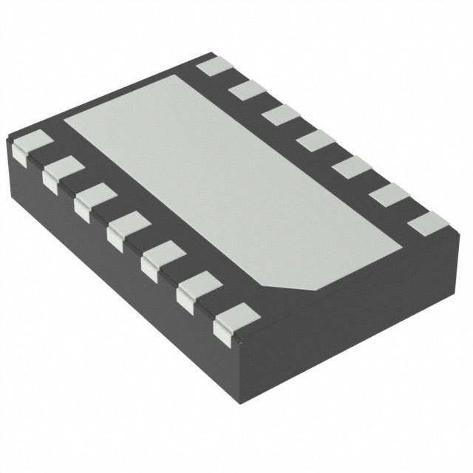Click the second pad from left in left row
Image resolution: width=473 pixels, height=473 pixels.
(58, 171)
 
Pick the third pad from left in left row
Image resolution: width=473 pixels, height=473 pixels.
(89, 201)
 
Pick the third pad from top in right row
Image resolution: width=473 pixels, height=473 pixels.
(276, 114)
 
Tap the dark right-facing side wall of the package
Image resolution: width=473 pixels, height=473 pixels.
(355, 325)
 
